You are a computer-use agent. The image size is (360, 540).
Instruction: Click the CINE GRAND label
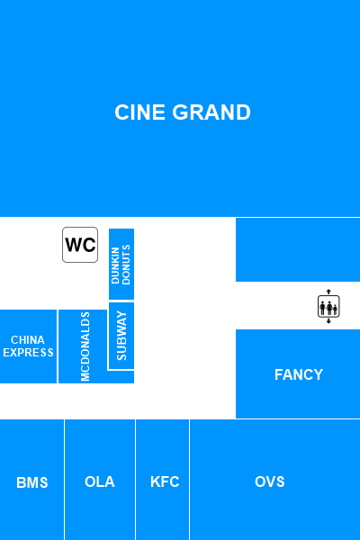click(x=183, y=112)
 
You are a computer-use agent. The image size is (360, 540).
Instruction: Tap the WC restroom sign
click(x=80, y=245)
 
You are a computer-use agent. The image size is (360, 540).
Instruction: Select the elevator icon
click(x=328, y=306)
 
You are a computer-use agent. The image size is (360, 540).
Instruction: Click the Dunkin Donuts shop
click(x=121, y=264)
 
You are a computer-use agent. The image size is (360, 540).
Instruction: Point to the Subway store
click(x=121, y=336)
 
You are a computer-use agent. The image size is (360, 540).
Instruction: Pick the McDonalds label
click(x=85, y=346)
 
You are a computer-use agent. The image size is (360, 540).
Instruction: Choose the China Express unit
click(x=28, y=346)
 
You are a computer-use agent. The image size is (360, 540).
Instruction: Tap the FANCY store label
click(x=299, y=374)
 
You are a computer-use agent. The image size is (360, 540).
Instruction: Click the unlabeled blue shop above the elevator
click(x=298, y=249)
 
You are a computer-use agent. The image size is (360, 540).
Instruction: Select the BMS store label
click(x=32, y=482)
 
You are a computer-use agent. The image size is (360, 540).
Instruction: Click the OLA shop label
click(x=100, y=481)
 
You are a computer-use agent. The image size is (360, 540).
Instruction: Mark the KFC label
click(x=165, y=481)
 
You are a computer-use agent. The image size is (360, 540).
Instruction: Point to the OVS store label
click(x=270, y=481)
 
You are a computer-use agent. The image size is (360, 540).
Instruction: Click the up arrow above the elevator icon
click(x=328, y=292)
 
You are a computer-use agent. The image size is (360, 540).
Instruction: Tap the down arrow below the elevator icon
click(x=328, y=321)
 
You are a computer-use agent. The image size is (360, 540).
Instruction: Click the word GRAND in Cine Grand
click(x=211, y=112)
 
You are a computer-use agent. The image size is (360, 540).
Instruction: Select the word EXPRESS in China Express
click(x=28, y=353)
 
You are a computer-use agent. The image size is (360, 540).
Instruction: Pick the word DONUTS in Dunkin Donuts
click(x=126, y=265)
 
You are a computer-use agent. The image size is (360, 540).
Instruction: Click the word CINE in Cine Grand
click(x=139, y=112)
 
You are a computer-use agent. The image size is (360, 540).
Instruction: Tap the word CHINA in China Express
click(x=28, y=340)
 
